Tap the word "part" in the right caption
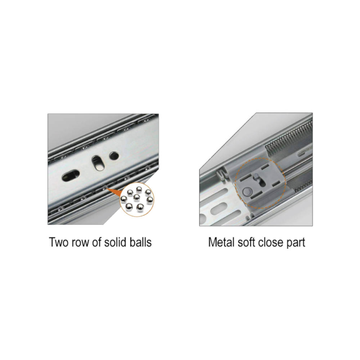[296, 243]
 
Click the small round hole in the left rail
[114, 156]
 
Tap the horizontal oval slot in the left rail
[71, 176]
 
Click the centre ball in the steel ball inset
[136, 197]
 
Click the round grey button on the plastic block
[247, 191]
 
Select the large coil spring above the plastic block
[289, 137]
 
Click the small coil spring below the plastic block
[303, 184]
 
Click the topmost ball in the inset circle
[139, 190]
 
